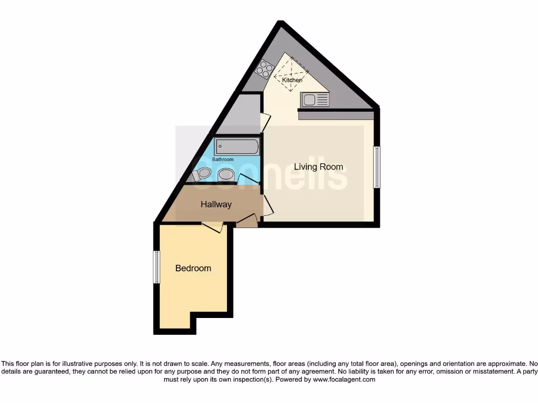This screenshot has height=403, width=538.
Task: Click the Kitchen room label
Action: (292, 80)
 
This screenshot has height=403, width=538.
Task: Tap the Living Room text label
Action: (318, 167)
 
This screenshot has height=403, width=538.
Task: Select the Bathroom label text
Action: (223, 160)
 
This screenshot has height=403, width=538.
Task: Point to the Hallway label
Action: (216, 205)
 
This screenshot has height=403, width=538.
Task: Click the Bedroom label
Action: (193, 268)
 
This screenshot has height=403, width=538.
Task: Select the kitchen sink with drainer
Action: (315, 99)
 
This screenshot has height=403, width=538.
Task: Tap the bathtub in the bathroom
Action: (236, 146)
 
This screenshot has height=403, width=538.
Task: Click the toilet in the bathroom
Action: (203, 174)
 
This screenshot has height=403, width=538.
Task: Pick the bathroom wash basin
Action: (226, 174)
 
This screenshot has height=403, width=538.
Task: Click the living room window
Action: (376, 167)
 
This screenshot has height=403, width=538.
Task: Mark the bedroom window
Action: (156, 267)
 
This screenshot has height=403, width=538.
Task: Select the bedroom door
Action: (212, 227)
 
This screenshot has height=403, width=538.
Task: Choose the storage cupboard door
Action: (265, 122)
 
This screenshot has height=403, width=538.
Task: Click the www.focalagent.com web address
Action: (344, 379)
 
